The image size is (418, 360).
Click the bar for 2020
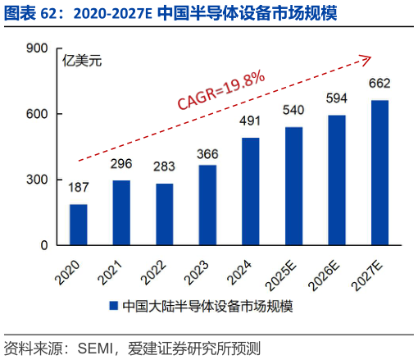(x=79, y=225)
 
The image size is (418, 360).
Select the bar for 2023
(x=207, y=205)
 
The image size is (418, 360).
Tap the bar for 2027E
(x=379, y=172)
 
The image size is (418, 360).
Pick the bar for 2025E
(x=293, y=186)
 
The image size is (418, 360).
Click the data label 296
(x=121, y=163)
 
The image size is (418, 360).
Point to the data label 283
(x=164, y=166)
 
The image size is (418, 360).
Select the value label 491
(x=250, y=121)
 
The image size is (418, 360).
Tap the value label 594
(x=336, y=98)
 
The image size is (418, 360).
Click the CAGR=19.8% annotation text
(x=220, y=89)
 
